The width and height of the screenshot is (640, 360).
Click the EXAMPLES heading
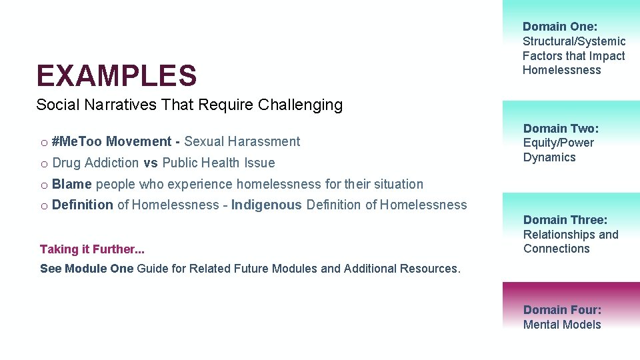tap(117, 75)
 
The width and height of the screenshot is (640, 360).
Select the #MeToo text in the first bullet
tap(77, 141)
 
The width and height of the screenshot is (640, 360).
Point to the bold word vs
tap(150, 163)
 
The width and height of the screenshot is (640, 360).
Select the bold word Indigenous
tap(266, 205)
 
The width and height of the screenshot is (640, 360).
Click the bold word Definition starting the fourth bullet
tap(82, 205)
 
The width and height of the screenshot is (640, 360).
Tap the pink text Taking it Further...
tap(92, 249)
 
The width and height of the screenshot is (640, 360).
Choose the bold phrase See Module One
tap(87, 269)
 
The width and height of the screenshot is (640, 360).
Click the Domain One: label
tap(560, 27)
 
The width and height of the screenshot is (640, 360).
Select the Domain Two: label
tap(561, 128)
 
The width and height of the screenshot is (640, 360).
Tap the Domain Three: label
tap(565, 220)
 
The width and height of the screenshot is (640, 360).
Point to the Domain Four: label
tap(562, 310)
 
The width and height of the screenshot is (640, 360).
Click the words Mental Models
tap(562, 325)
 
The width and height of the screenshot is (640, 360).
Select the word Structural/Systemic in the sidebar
tap(574, 41)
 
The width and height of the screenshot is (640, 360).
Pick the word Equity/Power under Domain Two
tap(559, 143)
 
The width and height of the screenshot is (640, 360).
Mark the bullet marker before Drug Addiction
tap(43, 163)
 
